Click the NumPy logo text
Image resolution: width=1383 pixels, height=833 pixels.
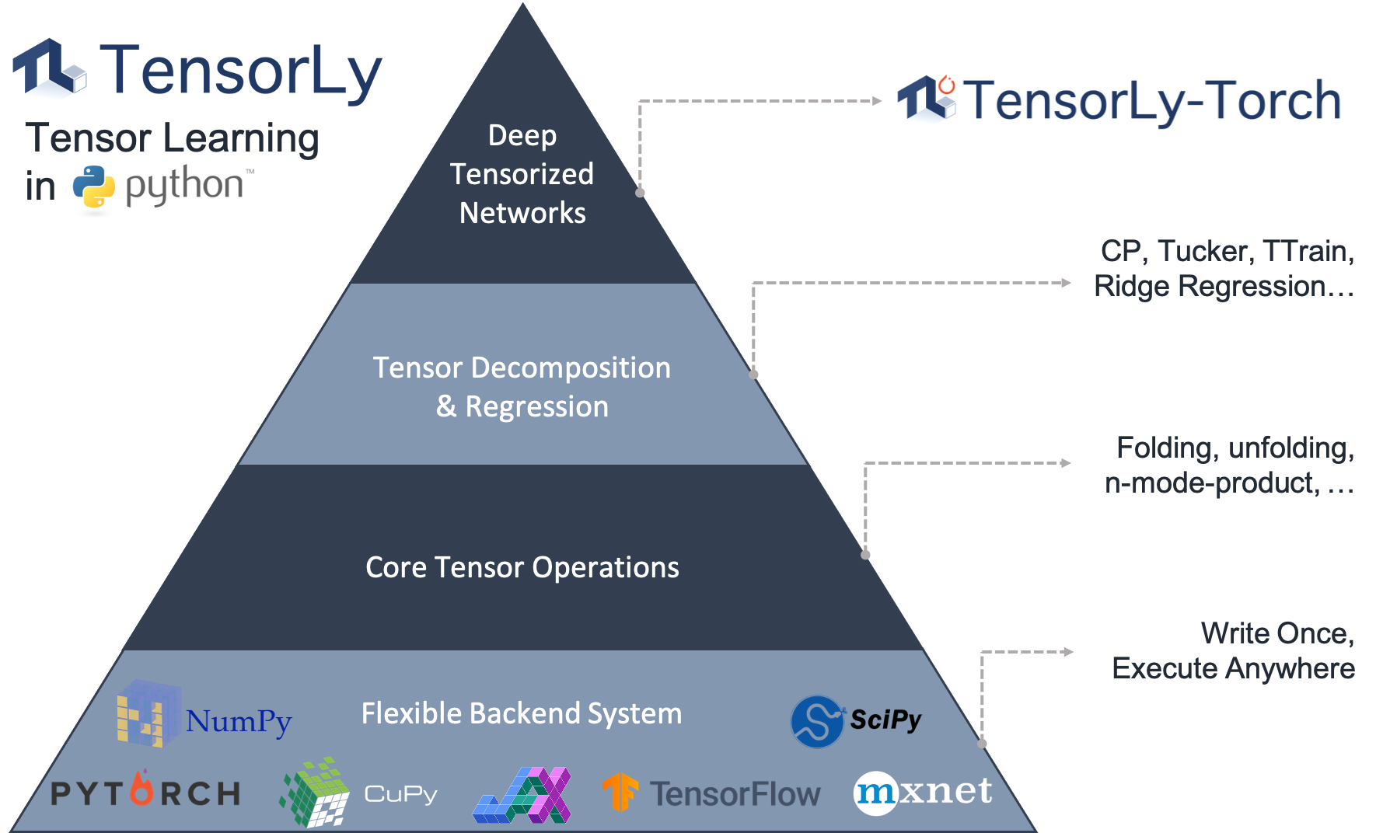pyautogui.click(x=238, y=721)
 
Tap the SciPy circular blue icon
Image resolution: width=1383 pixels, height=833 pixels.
pyautogui.click(x=817, y=721)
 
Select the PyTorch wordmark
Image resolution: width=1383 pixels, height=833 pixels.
pyautogui.click(x=145, y=793)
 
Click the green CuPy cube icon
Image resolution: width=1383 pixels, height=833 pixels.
pyautogui.click(x=315, y=793)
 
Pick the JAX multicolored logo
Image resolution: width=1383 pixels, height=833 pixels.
pyautogui.click(x=522, y=795)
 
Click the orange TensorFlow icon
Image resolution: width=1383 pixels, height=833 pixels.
pyautogui.click(x=620, y=793)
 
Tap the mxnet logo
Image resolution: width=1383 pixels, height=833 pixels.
pyautogui.click(x=923, y=793)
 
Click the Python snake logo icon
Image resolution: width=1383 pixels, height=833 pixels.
pyautogui.click(x=94, y=187)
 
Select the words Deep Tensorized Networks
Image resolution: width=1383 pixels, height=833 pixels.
pyautogui.click(x=522, y=174)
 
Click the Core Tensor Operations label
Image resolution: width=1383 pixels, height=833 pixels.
pyautogui.click(x=522, y=567)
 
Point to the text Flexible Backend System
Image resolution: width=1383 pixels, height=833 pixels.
pyautogui.click(x=522, y=713)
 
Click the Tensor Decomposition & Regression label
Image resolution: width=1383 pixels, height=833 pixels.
pyautogui.click(x=522, y=387)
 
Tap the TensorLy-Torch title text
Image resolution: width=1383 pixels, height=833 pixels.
pyautogui.click(x=1153, y=101)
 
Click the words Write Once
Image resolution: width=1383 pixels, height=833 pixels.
pyautogui.click(x=1277, y=633)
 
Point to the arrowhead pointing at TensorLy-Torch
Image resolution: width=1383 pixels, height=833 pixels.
pyautogui.click(x=877, y=101)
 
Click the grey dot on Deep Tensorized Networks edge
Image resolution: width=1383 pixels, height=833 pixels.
pyautogui.click(x=640, y=192)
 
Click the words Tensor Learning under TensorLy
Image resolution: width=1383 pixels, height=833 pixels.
pyautogui.click(x=173, y=138)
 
